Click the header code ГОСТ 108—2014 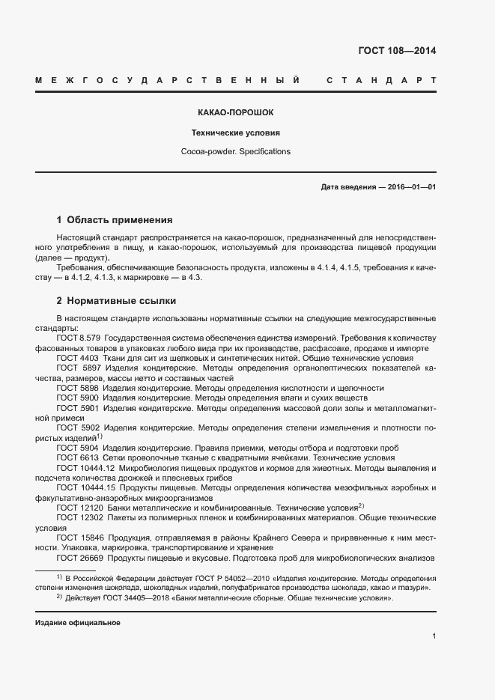coord(398,52)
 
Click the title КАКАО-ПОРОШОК coord(235,112)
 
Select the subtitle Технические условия coord(235,133)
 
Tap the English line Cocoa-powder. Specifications coord(235,151)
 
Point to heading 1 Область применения coord(115,220)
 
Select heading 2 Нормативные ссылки coord(116,301)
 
